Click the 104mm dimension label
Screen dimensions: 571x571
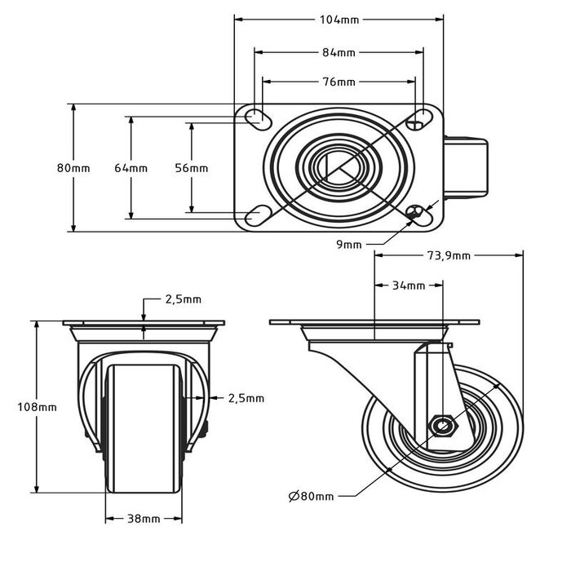(339, 18)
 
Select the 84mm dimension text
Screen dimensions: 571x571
(339, 52)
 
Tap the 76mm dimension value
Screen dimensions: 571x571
(339, 82)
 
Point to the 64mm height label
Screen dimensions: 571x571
(131, 168)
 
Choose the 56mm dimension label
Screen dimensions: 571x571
(192, 168)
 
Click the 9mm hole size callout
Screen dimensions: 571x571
(351, 243)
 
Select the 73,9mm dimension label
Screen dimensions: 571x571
(448, 255)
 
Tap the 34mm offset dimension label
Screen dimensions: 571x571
(409, 285)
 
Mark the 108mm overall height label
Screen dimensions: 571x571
(38, 406)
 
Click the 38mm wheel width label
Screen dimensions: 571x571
(144, 519)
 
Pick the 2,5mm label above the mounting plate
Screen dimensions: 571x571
(183, 299)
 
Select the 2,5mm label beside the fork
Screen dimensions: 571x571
(246, 398)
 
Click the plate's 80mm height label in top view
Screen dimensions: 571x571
(73, 168)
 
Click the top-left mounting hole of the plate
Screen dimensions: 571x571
(256, 117)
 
